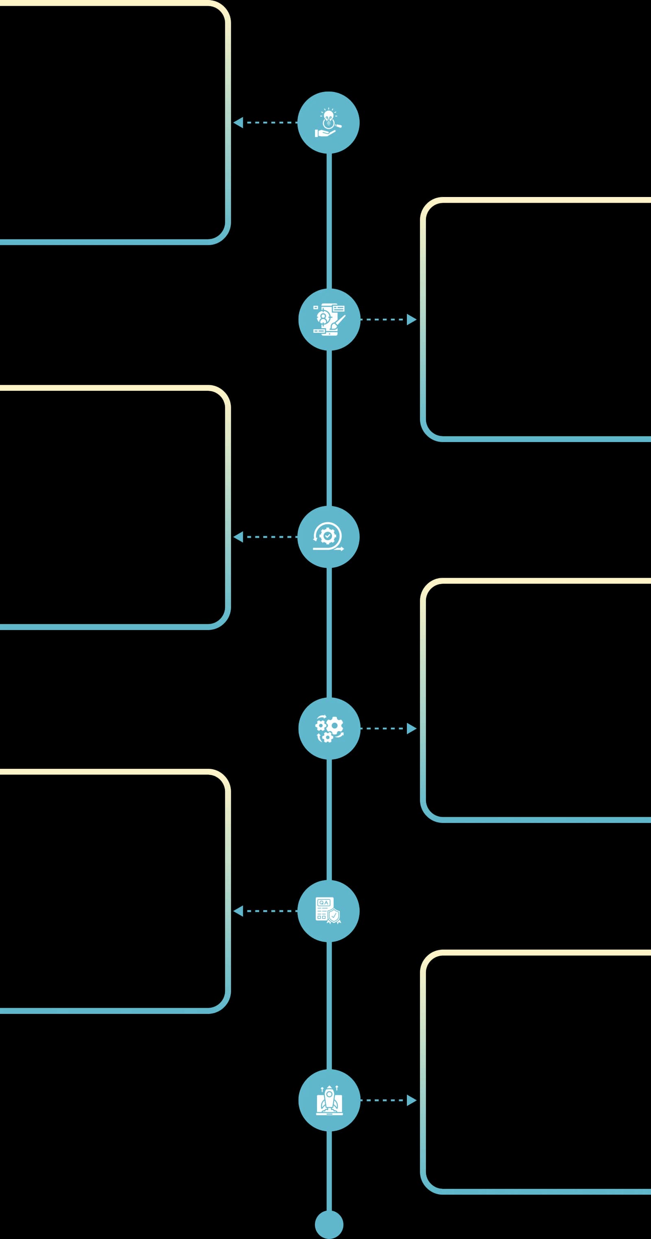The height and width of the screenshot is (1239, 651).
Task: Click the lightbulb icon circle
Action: (328, 123)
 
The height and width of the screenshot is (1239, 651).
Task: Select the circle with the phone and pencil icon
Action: (329, 320)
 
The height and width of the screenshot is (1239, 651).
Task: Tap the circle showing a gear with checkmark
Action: (328, 537)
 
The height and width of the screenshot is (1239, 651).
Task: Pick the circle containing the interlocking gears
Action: (329, 728)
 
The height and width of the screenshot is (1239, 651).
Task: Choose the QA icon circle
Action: (328, 911)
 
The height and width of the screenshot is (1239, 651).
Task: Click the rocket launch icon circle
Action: (329, 1100)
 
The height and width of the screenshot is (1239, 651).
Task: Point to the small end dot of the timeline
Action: (329, 1225)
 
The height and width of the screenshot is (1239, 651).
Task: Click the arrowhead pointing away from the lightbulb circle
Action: (238, 123)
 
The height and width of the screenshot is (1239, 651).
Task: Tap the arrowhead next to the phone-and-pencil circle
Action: (412, 320)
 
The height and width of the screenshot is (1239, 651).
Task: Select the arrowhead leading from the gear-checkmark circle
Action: (238, 537)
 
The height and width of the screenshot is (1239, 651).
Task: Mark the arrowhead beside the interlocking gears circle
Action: (412, 728)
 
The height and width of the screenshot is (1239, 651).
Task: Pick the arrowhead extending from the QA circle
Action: (238, 911)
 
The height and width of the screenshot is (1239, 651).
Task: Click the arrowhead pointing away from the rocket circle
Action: (412, 1100)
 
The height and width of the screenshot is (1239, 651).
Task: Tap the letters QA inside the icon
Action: (324, 903)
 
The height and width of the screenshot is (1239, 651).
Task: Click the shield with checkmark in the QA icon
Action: (334, 916)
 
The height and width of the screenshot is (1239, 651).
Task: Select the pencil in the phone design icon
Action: (339, 321)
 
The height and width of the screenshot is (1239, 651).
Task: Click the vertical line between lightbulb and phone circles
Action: (329, 221)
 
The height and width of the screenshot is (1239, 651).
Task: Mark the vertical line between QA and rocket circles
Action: (329, 1006)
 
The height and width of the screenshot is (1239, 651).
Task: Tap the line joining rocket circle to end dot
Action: (329, 1171)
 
